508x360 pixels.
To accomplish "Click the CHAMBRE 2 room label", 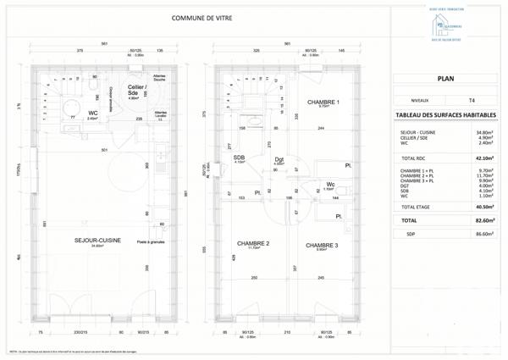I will tap(252, 244).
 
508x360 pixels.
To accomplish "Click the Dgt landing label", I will tap(279, 159).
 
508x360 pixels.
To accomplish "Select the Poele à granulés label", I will tap(152, 241).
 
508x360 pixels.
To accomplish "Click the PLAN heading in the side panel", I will tap(445, 78).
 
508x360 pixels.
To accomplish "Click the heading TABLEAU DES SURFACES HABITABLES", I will tap(445, 116).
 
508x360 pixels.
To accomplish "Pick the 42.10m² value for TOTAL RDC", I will tap(486, 158).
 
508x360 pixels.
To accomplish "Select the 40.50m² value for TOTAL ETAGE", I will tap(486, 206).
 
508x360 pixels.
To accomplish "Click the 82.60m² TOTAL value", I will tap(486, 219).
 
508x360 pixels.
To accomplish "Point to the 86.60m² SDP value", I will tap(486, 233).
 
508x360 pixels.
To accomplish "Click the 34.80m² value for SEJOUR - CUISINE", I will tap(485, 133).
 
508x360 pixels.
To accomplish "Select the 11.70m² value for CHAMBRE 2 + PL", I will tap(485, 175).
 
